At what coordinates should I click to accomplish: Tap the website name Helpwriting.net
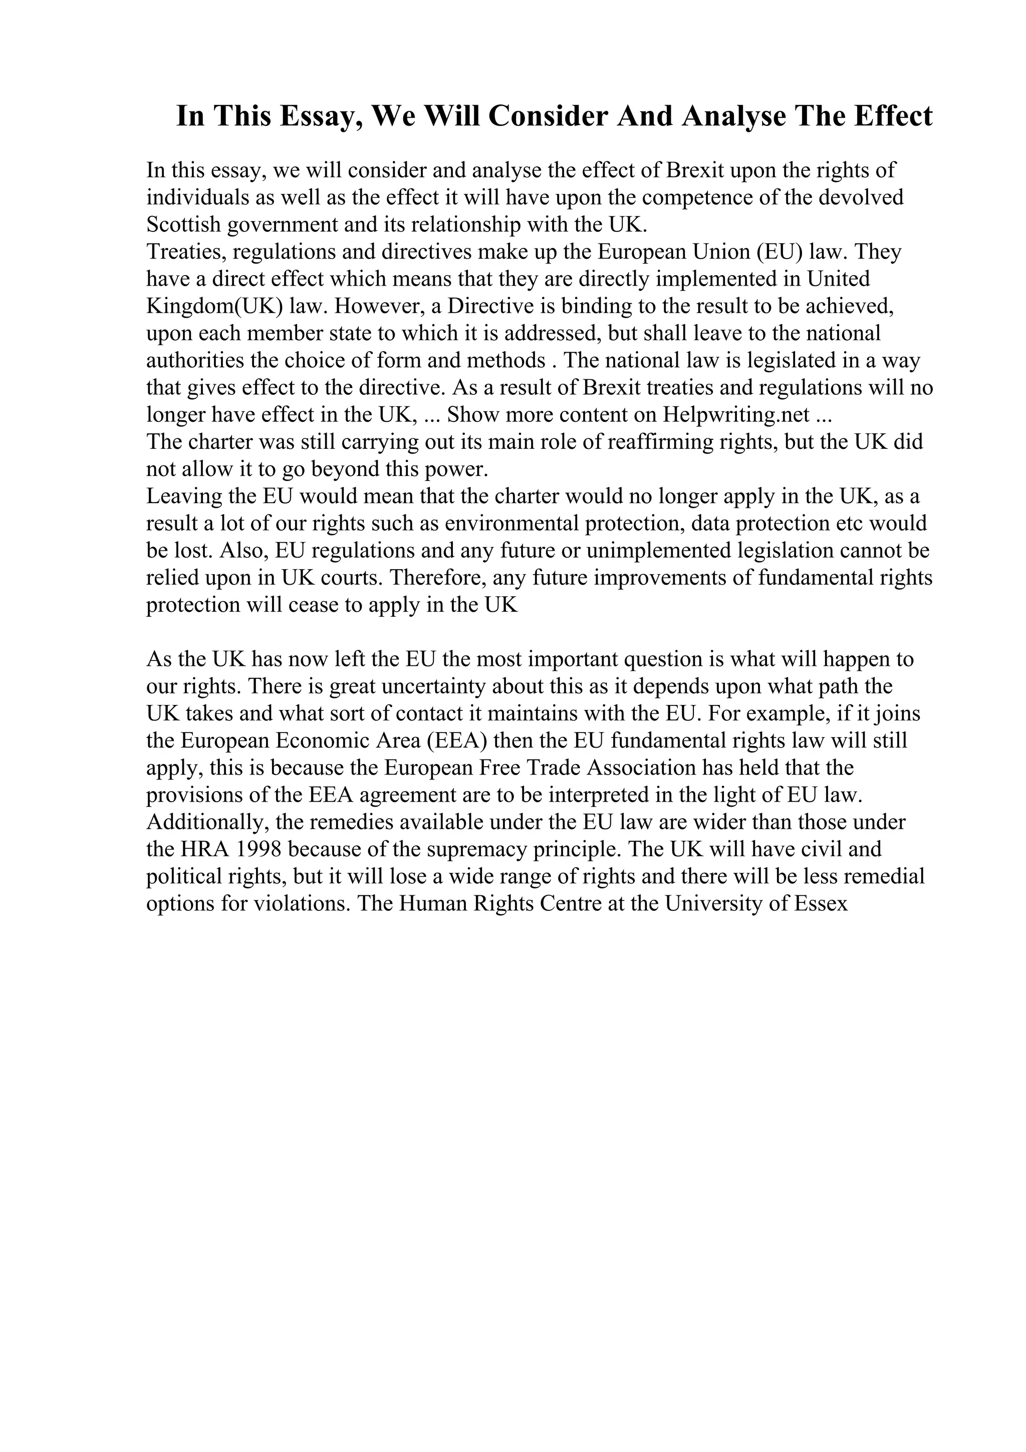[736, 415]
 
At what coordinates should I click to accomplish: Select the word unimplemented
[659, 551]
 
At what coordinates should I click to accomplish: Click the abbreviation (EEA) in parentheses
[457, 741]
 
